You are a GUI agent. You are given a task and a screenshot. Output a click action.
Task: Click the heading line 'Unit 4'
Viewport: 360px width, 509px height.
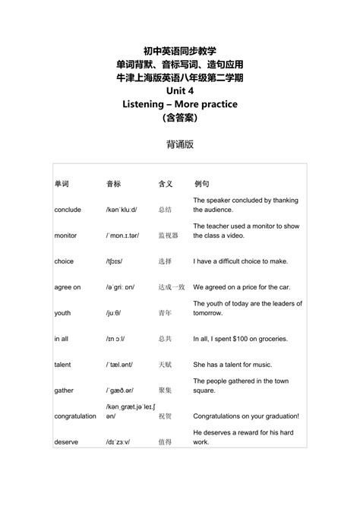(180, 90)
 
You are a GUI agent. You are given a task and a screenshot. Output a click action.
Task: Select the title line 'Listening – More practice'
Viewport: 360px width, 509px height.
(180, 104)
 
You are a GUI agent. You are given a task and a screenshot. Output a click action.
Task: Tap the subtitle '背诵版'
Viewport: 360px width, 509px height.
(180, 144)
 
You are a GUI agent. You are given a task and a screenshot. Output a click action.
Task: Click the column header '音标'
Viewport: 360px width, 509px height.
(113, 184)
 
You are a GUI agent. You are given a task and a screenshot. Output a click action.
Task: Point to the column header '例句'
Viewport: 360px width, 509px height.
(202, 184)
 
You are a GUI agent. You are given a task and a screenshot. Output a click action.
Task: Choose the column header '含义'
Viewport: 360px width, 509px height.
(166, 184)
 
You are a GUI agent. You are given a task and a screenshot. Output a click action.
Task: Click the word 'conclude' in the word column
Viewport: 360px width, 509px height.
(68, 210)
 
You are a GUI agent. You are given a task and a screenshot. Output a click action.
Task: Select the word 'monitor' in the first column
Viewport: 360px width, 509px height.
(66, 236)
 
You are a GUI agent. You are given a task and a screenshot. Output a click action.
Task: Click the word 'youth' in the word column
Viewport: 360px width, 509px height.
(62, 313)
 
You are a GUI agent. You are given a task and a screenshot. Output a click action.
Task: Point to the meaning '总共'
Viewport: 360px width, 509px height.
(166, 339)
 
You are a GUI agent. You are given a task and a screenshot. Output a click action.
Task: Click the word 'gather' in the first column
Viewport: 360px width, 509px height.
(64, 390)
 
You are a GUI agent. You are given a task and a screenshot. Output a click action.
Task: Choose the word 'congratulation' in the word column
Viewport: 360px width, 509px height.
(76, 416)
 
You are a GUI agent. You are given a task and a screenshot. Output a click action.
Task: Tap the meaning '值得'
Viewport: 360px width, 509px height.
(166, 442)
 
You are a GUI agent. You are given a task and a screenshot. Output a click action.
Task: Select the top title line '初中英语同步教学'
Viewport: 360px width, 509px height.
(180, 50)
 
